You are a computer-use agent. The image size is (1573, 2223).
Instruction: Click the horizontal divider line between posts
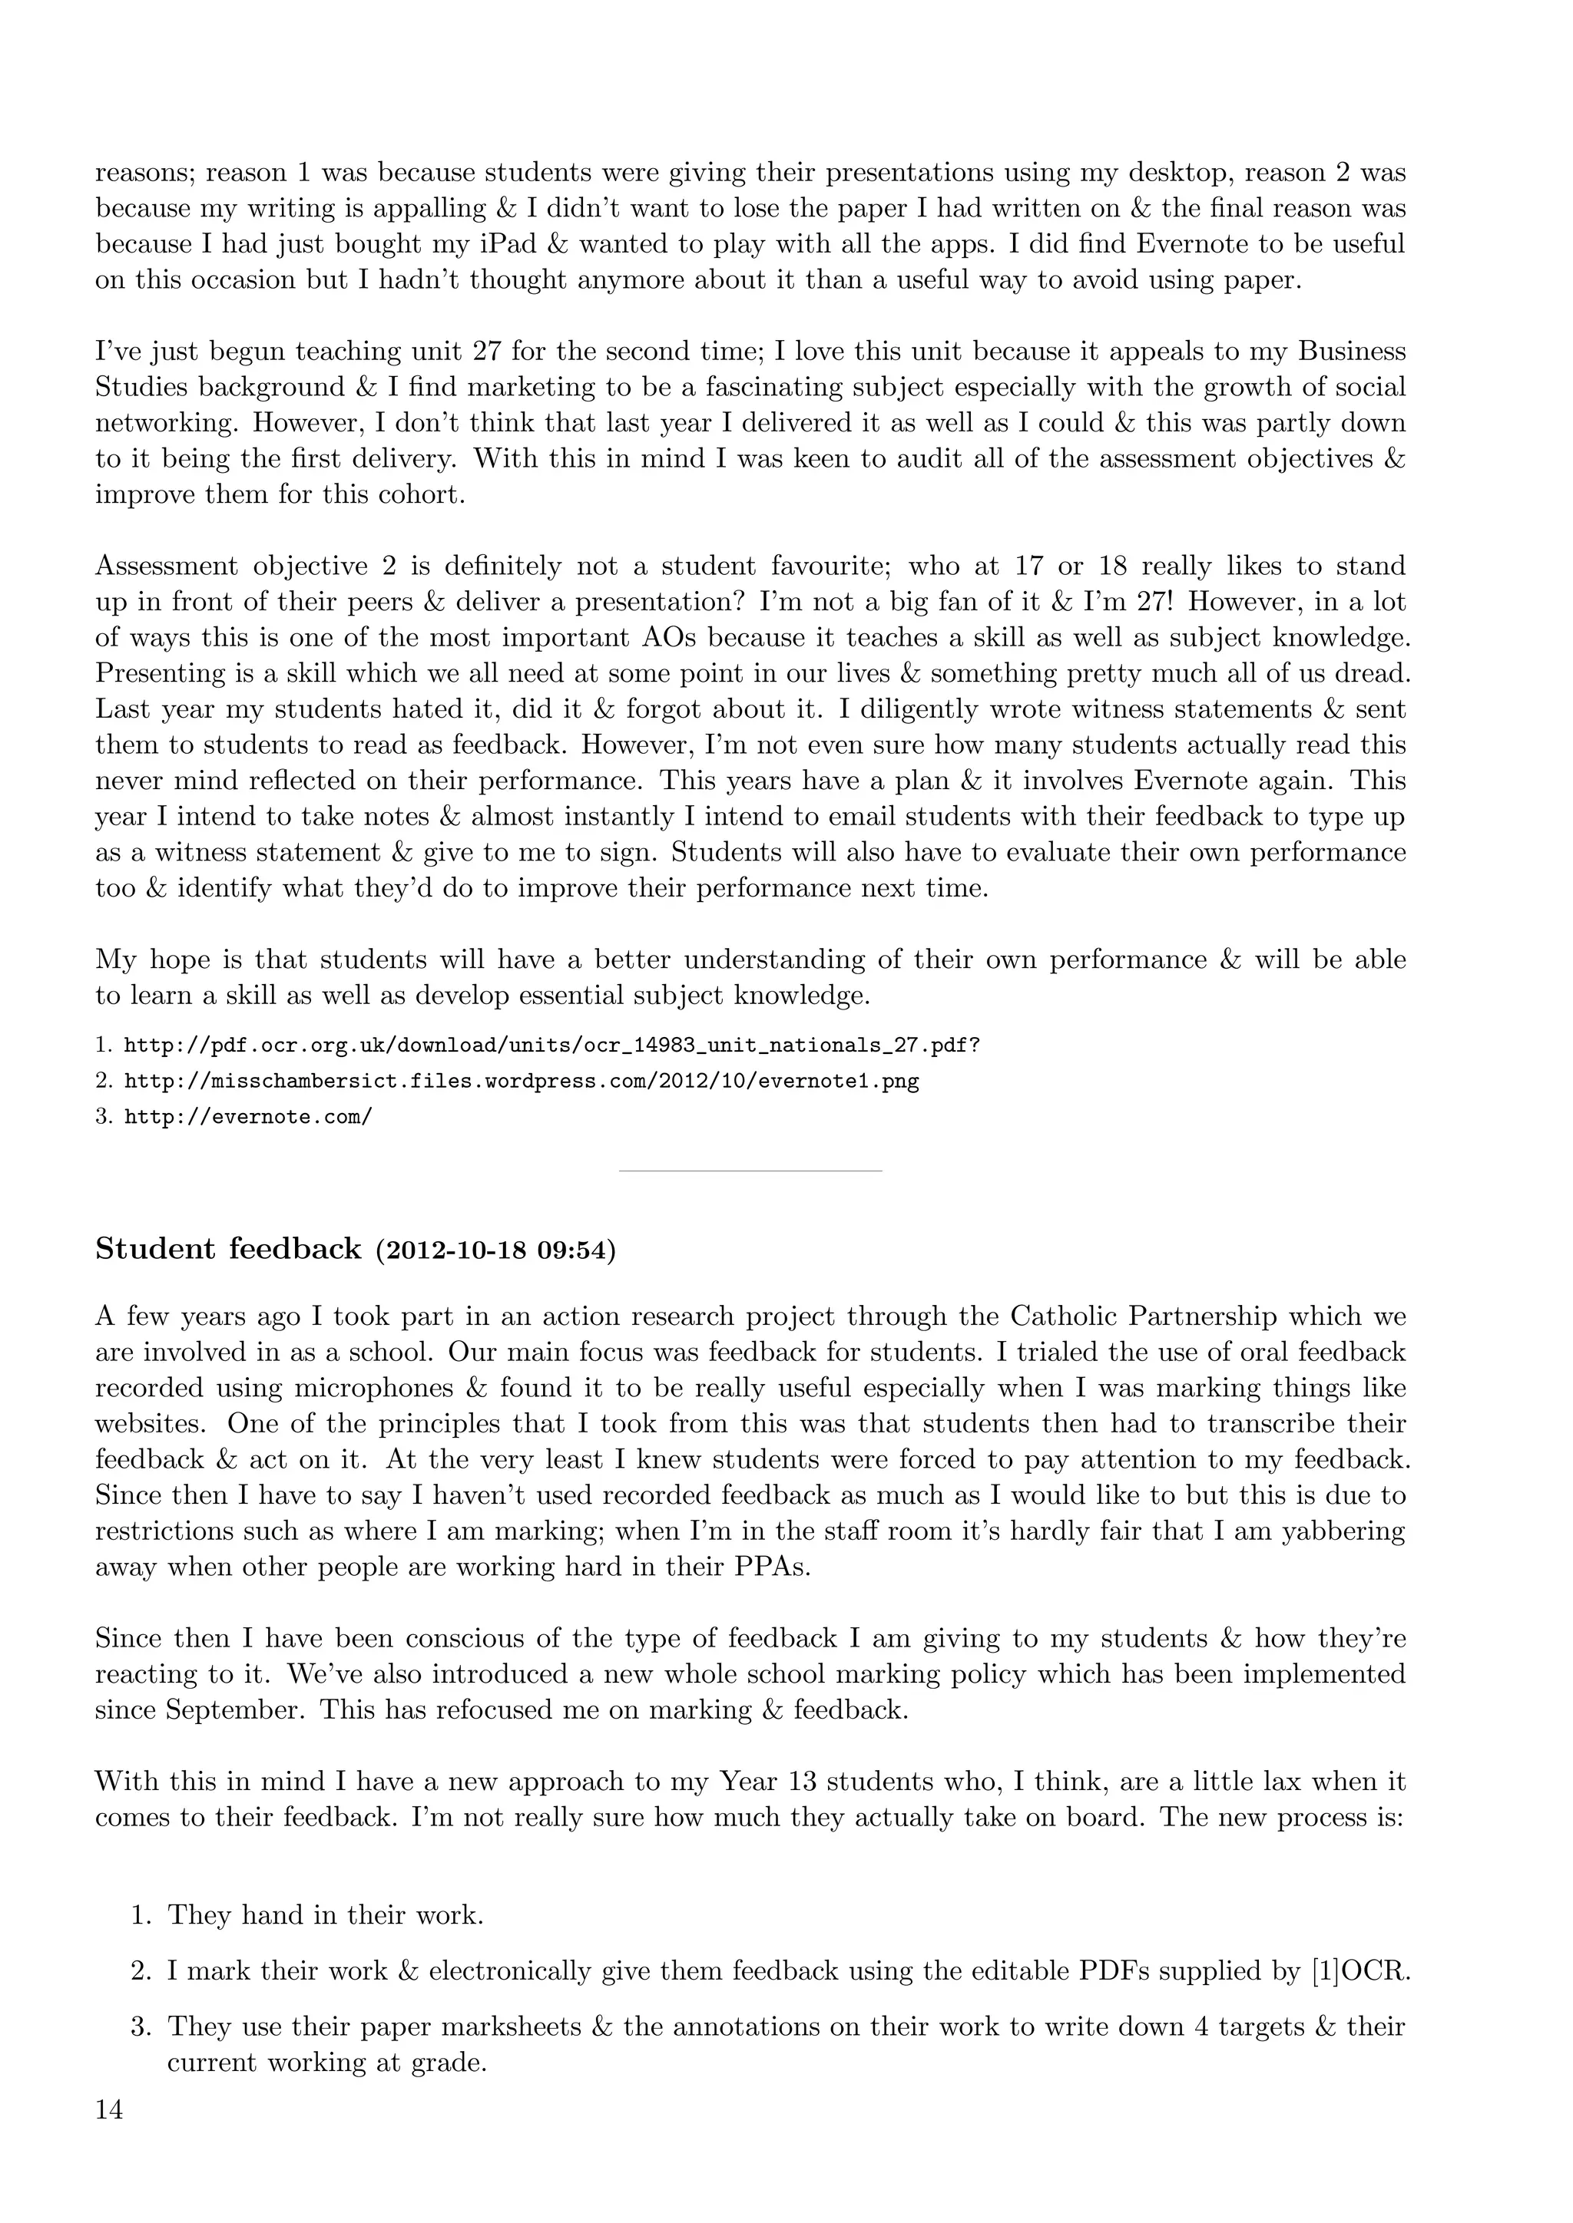[750, 1171]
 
